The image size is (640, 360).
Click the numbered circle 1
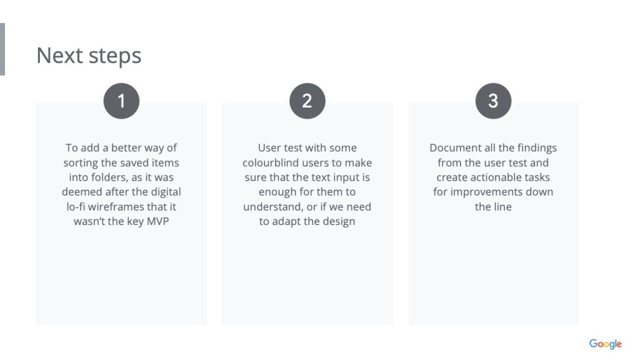point(121,101)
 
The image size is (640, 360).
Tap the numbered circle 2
point(307,101)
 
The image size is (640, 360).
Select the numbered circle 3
point(493,101)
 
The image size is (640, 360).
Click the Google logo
point(605,344)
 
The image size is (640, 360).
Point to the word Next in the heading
point(59,55)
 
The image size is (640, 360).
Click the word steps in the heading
point(115,56)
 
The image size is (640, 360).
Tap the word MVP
point(157,221)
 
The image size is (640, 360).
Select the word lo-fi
point(76,206)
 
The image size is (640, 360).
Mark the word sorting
point(81,163)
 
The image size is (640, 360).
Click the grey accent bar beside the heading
point(2,49)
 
